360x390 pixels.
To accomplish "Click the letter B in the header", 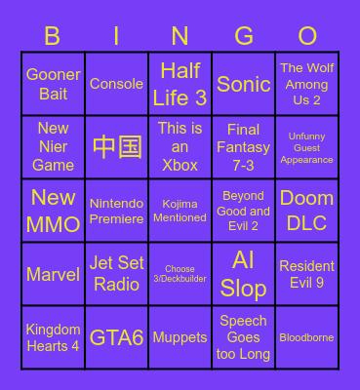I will coord(53,36).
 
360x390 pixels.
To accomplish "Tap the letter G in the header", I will coord(244,36).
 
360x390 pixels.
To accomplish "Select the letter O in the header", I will coord(307,36).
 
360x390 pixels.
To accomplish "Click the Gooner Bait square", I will coord(53,84).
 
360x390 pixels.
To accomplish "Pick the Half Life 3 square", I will coord(180,84).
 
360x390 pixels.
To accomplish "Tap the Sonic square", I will coord(244,84).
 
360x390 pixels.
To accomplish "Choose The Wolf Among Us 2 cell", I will coord(307,84).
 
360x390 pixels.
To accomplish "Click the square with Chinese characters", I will coord(117,147).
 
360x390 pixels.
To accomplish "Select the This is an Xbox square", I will coord(180,147).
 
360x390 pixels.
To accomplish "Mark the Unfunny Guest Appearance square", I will coord(307,147).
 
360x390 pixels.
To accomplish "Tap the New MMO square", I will coord(53,211).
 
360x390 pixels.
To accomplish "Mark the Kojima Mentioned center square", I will coord(180,211).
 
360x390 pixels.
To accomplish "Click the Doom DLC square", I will coord(307,211).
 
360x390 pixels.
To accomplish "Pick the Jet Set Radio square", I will coord(117,274).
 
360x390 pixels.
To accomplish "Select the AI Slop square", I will coord(244,274).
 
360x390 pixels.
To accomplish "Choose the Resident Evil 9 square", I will coord(307,274).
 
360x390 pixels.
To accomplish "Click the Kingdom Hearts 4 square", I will coord(53,337).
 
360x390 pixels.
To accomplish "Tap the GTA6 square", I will coord(117,337).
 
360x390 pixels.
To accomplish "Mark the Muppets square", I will coord(180,337).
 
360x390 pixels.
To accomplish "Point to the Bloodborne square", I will coord(307,337).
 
